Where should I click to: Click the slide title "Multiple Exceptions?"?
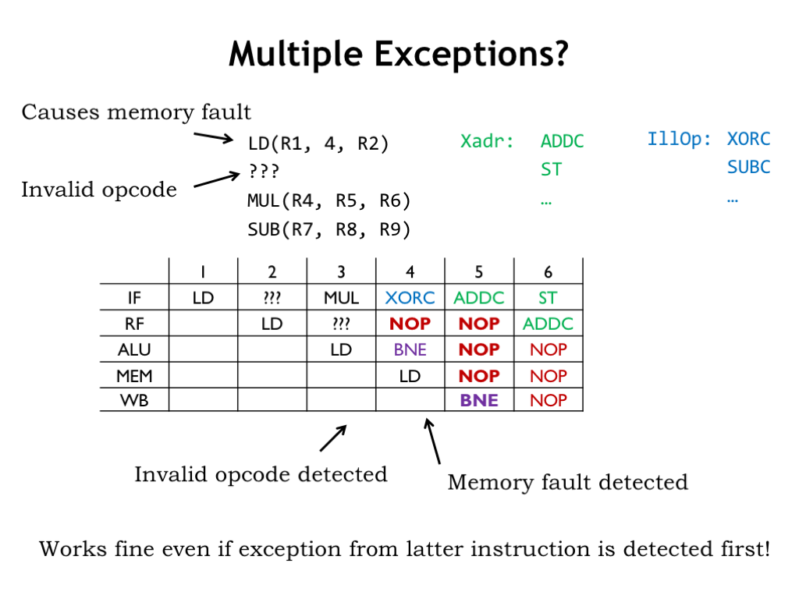pos(399,55)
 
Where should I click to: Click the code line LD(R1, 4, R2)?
pos(318,144)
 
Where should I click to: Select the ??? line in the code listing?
pos(263,171)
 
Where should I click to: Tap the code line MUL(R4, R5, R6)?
pos(328,200)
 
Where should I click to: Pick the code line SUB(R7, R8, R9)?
pos(328,229)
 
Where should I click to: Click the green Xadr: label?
pos(487,142)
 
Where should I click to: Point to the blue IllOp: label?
pos(680,140)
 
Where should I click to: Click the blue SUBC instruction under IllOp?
pos(748,167)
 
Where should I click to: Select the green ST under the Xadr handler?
pos(551,169)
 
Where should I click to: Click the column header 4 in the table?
pos(410,271)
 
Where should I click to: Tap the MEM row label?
pos(134,376)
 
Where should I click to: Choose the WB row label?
pos(134,400)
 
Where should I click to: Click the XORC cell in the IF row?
pos(410,297)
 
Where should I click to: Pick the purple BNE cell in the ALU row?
pos(410,349)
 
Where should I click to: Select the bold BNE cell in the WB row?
pos(479,400)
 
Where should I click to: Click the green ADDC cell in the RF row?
pos(548,324)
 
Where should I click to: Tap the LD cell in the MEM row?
pos(410,376)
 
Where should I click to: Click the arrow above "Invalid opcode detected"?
pos(333,438)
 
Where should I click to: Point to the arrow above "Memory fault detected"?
pos(432,441)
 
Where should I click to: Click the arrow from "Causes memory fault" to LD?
pos(213,137)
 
